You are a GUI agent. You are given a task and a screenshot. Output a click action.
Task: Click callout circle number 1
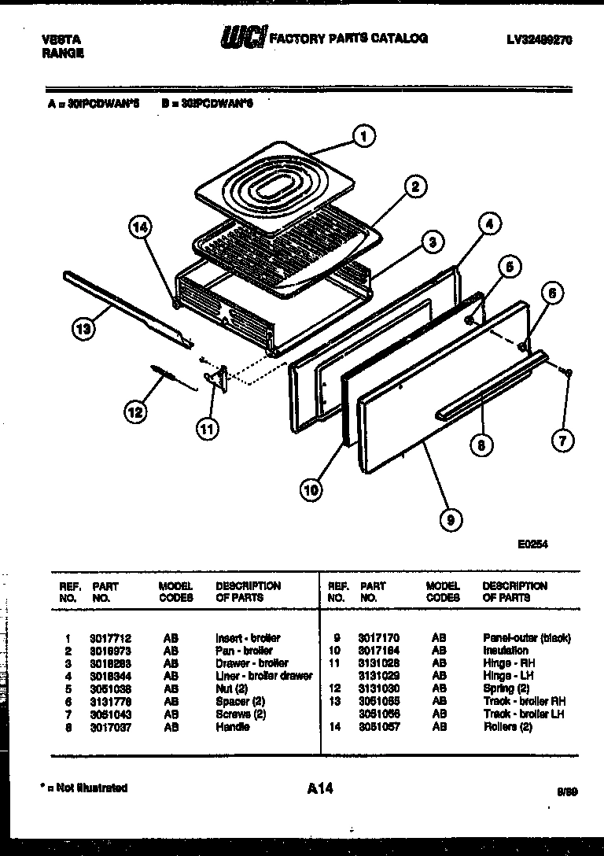(363, 136)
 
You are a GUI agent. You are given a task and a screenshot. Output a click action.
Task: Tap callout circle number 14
(139, 227)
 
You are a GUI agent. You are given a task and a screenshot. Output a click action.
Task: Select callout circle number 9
(450, 518)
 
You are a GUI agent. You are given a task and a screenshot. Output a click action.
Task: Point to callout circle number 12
(135, 411)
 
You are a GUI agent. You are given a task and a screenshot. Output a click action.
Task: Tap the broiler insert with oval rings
(271, 190)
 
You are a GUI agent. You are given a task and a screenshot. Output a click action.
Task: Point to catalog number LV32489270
(539, 39)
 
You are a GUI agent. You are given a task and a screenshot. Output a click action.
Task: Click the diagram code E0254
(532, 543)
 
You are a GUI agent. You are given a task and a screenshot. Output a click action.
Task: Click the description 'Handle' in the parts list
(232, 727)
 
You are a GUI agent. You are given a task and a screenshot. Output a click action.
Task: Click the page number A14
(319, 788)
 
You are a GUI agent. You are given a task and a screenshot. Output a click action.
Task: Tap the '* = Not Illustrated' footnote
(84, 788)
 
